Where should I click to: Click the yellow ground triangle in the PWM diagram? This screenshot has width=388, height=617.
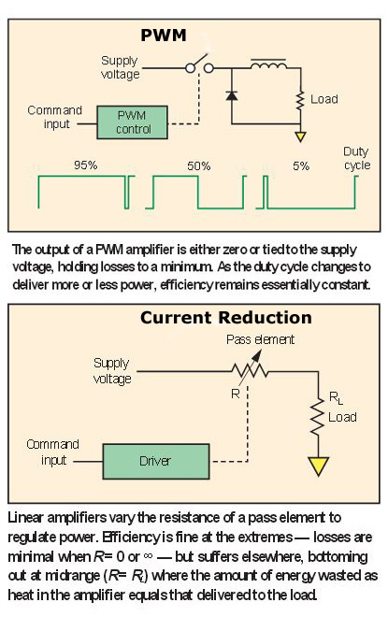point(300,136)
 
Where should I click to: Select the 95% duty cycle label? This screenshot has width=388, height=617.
point(86,165)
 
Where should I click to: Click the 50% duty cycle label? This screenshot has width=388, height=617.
point(198,165)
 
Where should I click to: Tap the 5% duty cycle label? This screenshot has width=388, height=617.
point(301,165)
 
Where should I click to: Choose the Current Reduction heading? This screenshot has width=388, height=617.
point(225,318)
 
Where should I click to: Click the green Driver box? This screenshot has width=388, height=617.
point(155,461)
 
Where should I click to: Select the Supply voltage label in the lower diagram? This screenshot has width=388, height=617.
point(113,370)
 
